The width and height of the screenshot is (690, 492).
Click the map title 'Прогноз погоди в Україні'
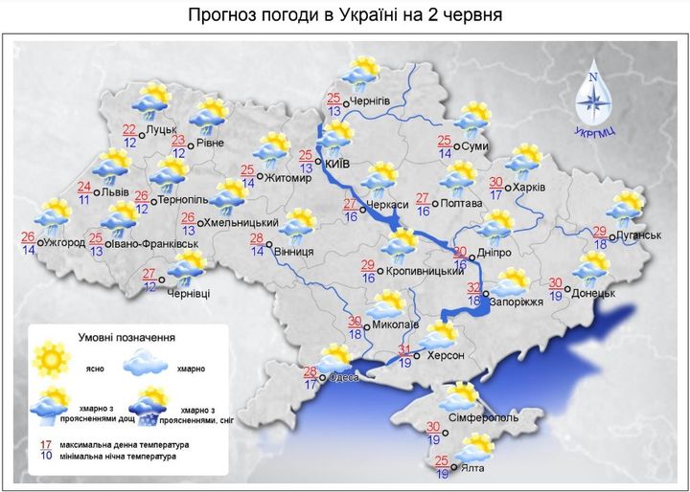(x=345, y=15)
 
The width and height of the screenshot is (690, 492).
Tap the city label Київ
(x=337, y=164)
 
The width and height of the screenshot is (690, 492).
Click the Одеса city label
(x=343, y=378)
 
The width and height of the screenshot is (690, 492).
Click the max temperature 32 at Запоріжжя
(x=473, y=286)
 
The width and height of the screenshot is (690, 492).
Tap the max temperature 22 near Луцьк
(x=129, y=130)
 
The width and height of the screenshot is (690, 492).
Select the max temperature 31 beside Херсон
(x=405, y=348)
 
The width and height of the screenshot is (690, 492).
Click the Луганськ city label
(x=637, y=234)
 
